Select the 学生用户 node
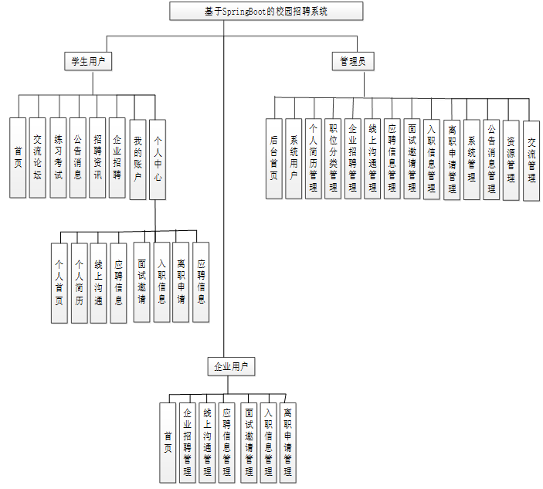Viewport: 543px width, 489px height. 87,61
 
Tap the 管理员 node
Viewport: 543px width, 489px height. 352,61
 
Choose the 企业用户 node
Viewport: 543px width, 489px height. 231,366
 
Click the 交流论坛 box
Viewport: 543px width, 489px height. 38,158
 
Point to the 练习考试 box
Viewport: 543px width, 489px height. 58,158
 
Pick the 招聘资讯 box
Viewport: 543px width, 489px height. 97,158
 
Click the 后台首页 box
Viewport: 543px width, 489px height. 274,158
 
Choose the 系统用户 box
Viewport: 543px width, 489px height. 294,158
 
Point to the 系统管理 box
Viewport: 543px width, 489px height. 472,158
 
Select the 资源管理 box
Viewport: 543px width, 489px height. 511,160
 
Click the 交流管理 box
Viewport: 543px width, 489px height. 531,160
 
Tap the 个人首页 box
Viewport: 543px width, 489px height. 59,282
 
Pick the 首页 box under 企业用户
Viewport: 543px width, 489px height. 168,441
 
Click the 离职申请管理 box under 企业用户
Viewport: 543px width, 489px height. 288,443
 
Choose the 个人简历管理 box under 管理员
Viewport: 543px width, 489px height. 314,158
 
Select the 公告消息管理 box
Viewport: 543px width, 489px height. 492,158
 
